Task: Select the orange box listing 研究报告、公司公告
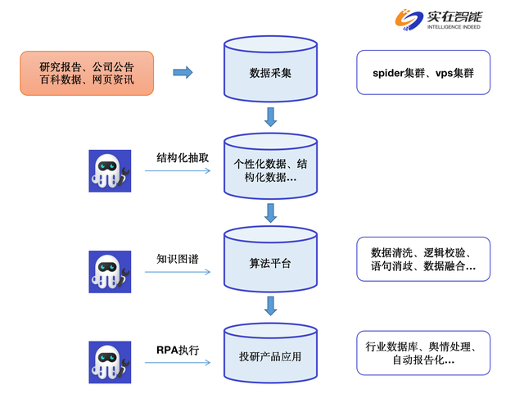[87, 73]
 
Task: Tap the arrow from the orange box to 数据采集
[183, 73]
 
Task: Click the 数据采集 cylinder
[271, 73]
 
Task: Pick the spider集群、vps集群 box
[422, 73]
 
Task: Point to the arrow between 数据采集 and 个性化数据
[271, 116]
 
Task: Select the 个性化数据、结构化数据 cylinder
[271, 166]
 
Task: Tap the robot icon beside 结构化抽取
[110, 170]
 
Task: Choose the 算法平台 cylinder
[271, 260]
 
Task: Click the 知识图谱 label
[178, 259]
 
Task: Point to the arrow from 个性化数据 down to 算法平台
[271, 214]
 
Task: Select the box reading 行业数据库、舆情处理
[422, 353]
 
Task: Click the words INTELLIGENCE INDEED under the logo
[454, 27]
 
